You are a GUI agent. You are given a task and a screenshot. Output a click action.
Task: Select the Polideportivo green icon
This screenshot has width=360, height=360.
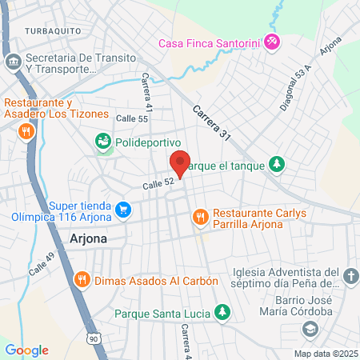pyautogui.click(x=102, y=142)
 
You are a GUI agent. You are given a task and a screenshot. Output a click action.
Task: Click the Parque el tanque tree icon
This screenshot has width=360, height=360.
pyautogui.click(x=277, y=164)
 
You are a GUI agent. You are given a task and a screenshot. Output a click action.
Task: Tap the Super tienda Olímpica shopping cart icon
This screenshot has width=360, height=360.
pyautogui.click(x=122, y=210)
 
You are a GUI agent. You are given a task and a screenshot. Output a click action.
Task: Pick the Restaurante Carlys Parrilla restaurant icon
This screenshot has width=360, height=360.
pyautogui.click(x=200, y=215)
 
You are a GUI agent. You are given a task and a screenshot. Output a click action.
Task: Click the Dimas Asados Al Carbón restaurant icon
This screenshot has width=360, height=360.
pyautogui.click(x=81, y=280)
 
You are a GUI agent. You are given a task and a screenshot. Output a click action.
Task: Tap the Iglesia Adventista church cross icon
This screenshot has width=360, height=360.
pyautogui.click(x=350, y=277)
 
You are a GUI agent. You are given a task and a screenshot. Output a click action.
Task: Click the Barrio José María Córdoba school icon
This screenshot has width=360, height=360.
pyautogui.click(x=309, y=329)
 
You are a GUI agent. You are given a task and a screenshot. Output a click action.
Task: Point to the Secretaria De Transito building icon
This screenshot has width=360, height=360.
pyautogui.click(x=13, y=62)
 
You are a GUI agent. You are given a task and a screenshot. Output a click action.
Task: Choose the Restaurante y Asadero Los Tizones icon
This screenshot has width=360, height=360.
pyautogui.click(x=26, y=130)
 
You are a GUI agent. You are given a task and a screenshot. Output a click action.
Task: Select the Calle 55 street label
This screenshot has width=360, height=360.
pyautogui.click(x=132, y=118)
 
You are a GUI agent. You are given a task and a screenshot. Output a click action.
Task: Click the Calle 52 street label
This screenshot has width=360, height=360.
pyautogui.click(x=158, y=184)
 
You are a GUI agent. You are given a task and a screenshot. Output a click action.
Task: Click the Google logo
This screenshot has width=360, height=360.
pyautogui.click(x=26, y=350)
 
